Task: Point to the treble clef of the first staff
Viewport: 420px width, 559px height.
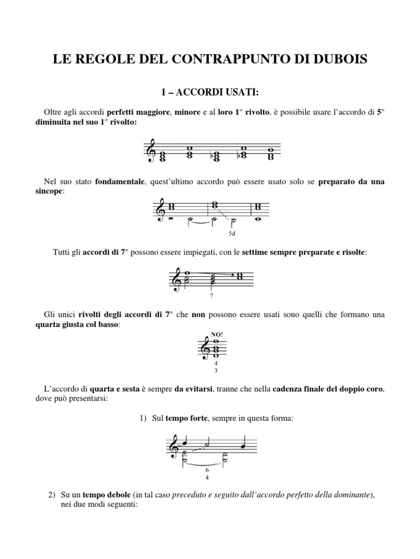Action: click(150, 152)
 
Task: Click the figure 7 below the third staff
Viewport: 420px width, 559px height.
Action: click(211, 296)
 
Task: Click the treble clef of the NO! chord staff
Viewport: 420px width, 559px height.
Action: click(206, 348)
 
